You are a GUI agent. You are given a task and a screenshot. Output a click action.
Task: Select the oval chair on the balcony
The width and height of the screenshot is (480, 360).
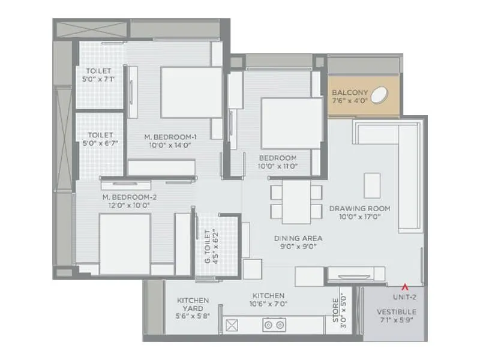(379, 94)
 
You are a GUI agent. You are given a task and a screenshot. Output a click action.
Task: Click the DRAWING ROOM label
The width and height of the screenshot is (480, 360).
(359, 209)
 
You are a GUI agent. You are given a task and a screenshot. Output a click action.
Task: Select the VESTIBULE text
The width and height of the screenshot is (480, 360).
(396, 312)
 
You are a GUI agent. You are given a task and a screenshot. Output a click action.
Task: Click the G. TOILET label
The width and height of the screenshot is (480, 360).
(208, 247)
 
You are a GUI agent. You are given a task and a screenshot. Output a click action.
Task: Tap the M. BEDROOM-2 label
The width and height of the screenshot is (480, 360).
(125, 197)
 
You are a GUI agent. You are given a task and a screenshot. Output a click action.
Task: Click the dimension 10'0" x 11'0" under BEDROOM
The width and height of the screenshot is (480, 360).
(278, 166)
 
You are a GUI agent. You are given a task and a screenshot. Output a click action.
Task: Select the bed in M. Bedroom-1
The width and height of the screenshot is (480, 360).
(191, 92)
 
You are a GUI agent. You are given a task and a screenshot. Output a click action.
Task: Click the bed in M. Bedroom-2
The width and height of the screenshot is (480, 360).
(124, 244)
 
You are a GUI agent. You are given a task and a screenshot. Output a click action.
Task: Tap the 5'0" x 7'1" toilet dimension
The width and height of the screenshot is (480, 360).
(98, 79)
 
